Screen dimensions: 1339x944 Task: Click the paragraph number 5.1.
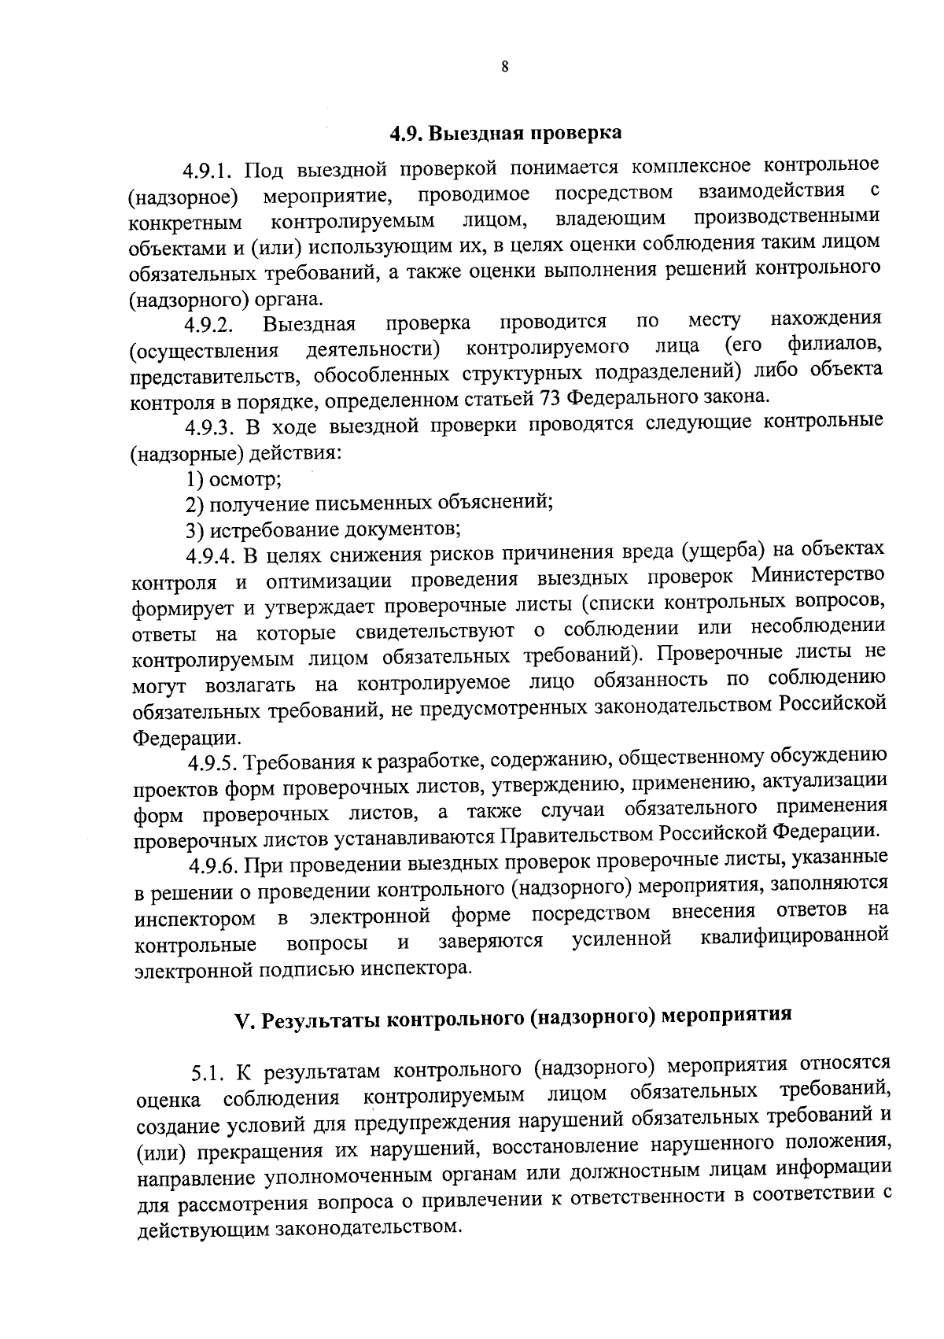point(208,1072)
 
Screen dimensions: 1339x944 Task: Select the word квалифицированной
point(794,936)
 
